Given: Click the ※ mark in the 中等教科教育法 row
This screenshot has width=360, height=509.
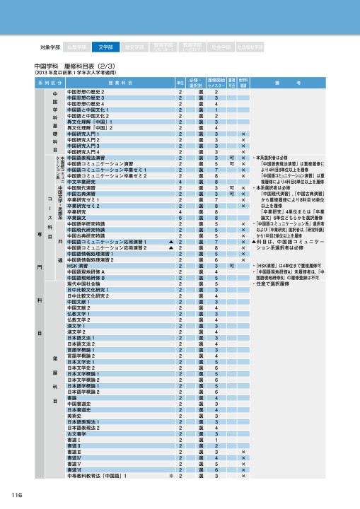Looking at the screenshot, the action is (170, 477).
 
